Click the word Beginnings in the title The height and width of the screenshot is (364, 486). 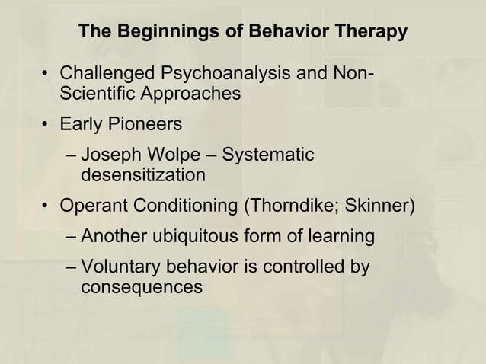coord(158,33)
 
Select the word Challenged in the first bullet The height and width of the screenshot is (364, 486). coord(105,75)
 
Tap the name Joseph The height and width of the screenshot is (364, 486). coord(108,155)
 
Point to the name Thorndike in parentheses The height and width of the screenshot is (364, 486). coord(293,206)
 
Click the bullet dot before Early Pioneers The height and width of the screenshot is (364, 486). coord(47,124)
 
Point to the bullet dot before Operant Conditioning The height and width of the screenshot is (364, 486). coord(47,206)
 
